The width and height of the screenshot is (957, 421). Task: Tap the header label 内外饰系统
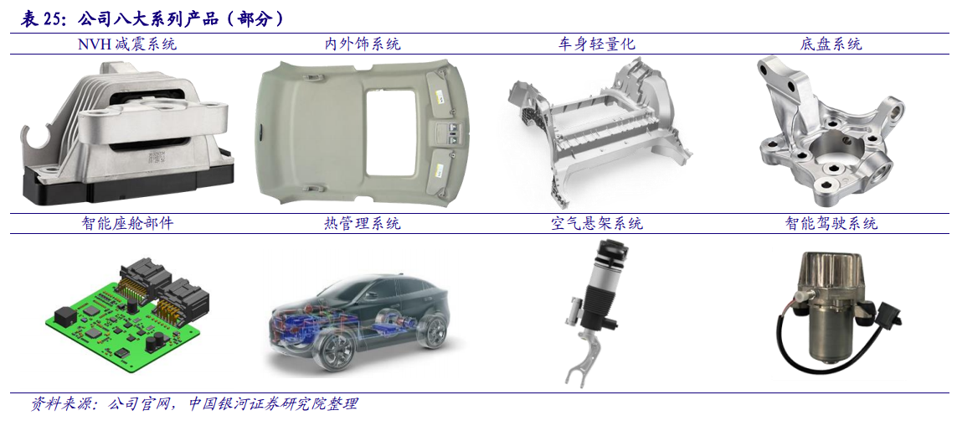click(x=362, y=44)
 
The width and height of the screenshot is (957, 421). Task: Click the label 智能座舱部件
click(x=127, y=223)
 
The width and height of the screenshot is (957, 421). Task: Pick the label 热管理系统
click(x=362, y=223)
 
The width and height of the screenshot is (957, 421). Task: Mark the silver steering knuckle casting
click(x=829, y=134)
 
